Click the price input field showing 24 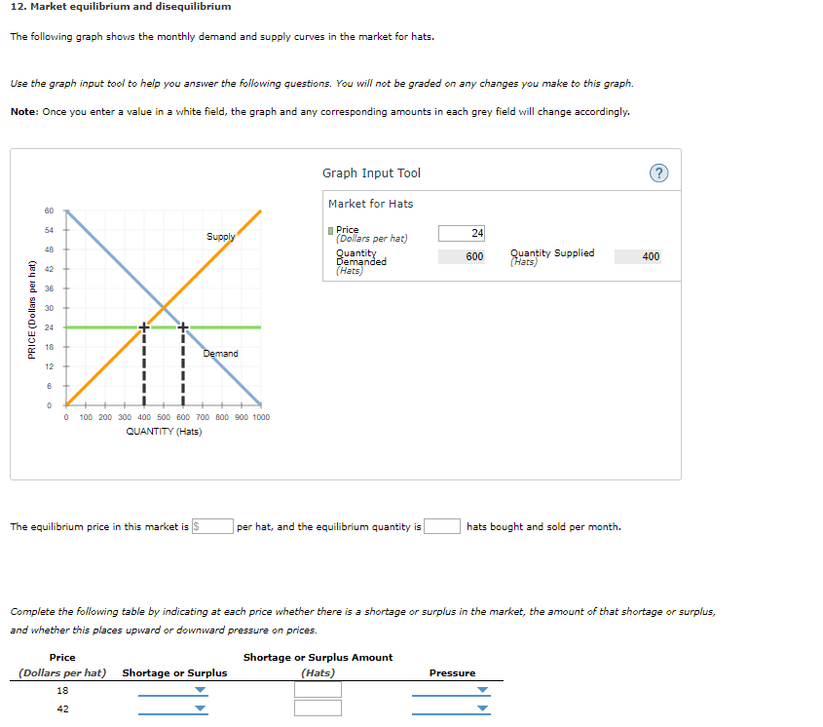click(x=462, y=233)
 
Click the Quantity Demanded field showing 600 click(x=462, y=256)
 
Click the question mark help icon click(x=658, y=173)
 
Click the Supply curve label click(x=220, y=237)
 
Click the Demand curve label click(x=220, y=353)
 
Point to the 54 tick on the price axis click(x=49, y=230)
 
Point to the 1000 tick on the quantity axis click(x=260, y=417)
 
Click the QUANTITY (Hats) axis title click(x=164, y=432)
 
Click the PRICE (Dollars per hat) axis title click(x=32, y=308)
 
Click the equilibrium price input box click(x=212, y=527)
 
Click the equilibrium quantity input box click(x=442, y=527)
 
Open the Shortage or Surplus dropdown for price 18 click(x=173, y=690)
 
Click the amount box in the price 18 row click(x=318, y=690)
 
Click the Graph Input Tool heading click(x=371, y=173)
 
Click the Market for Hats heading click(x=370, y=204)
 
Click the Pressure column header click(x=452, y=672)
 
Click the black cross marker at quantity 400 click(x=144, y=326)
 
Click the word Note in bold click(x=23, y=111)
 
